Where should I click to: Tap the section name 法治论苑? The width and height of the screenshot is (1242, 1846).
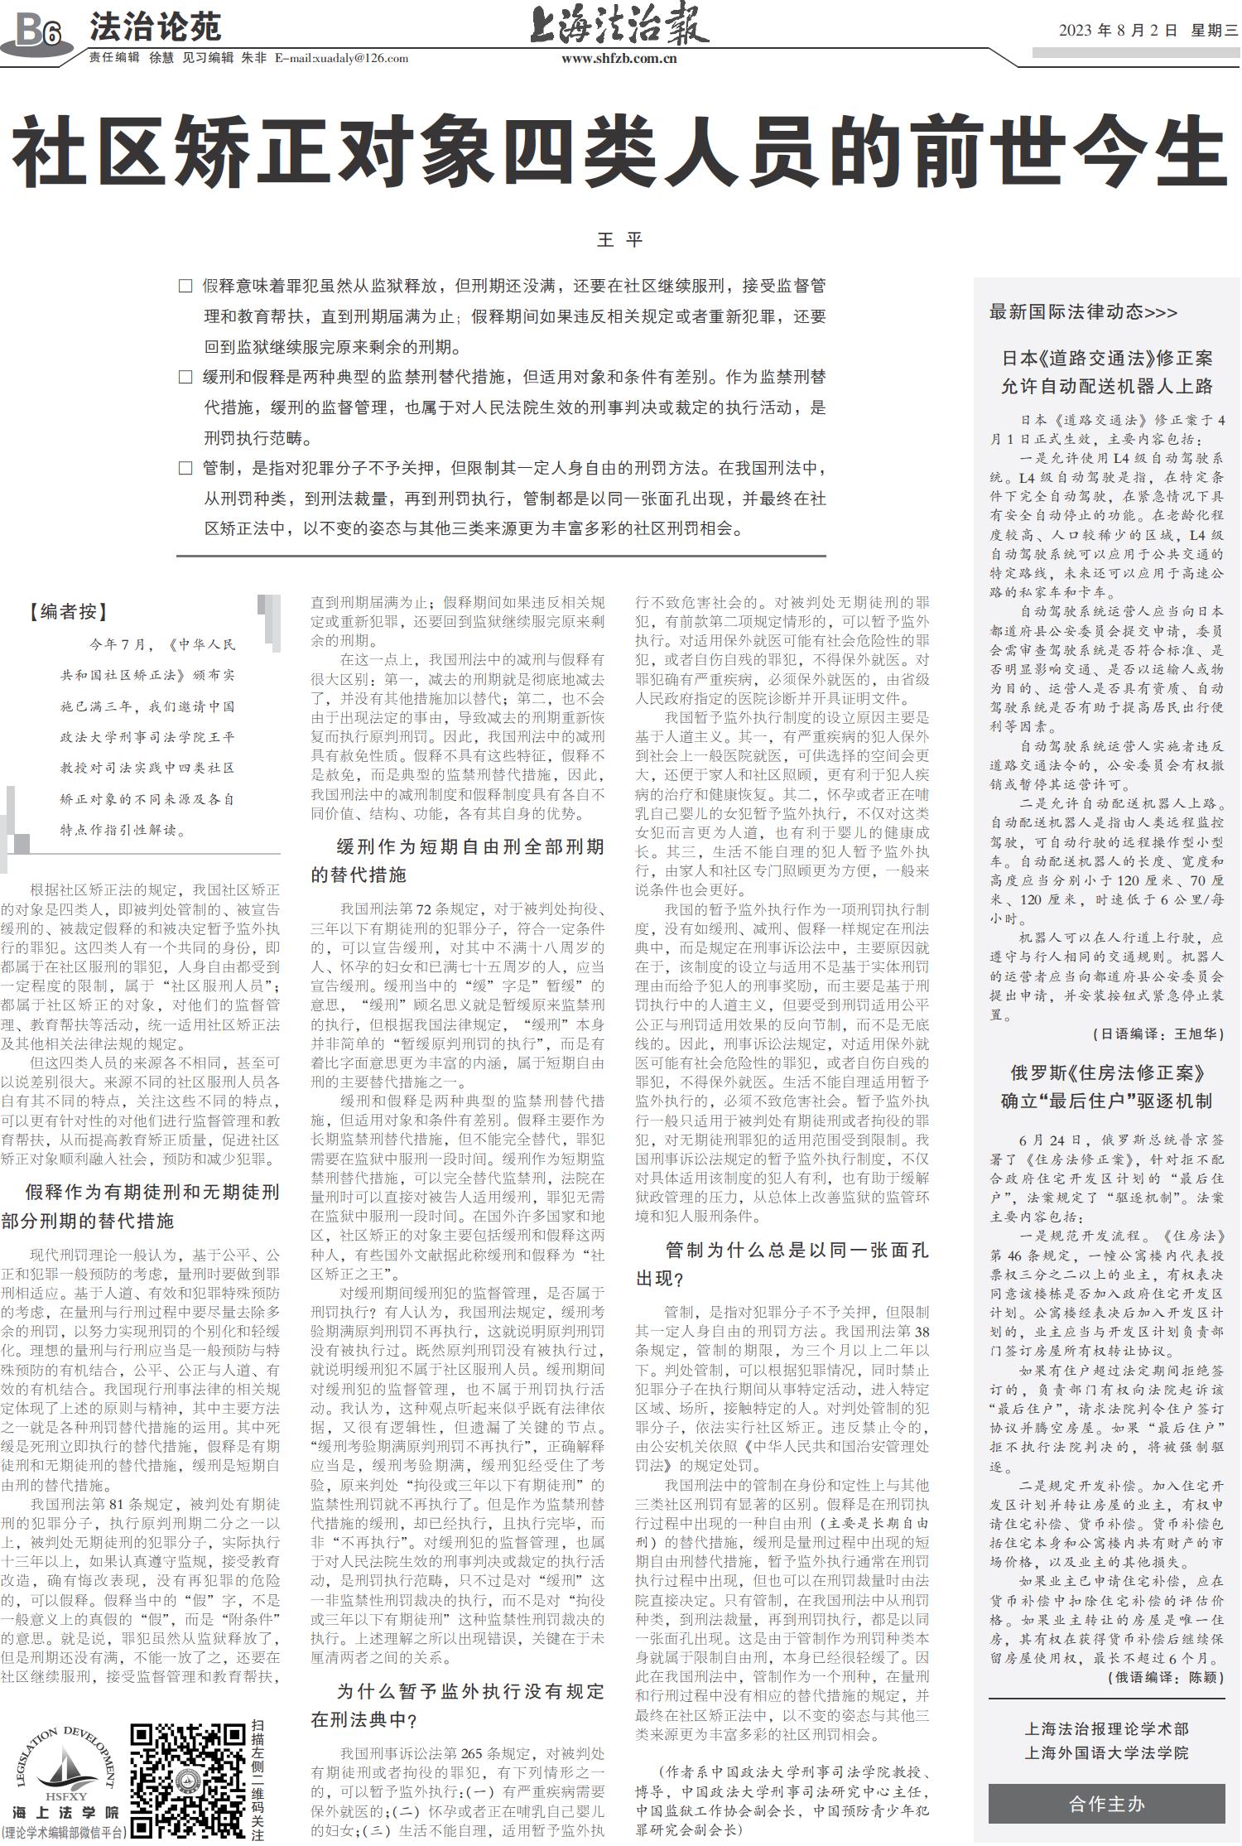(155, 27)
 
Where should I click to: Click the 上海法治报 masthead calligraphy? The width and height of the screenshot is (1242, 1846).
(619, 25)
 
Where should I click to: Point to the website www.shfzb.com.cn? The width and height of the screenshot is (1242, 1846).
(619, 59)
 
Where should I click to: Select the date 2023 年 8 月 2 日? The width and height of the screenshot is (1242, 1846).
(1117, 31)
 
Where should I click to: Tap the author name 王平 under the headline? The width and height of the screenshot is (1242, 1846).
(619, 240)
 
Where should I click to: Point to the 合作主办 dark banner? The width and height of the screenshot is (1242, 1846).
(1106, 1804)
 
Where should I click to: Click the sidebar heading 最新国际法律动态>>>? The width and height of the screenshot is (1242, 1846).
(1082, 311)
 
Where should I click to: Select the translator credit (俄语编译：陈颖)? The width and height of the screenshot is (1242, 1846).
(1165, 1676)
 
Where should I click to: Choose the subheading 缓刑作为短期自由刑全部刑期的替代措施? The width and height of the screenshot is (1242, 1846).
(458, 860)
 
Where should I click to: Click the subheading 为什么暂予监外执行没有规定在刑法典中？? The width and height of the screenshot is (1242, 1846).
(458, 1705)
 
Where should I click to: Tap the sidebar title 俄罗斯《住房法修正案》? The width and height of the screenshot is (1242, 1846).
(1106, 1072)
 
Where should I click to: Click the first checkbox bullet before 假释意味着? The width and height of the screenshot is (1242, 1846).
(185, 287)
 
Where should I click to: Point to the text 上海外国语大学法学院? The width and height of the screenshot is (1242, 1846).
(1106, 1752)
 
